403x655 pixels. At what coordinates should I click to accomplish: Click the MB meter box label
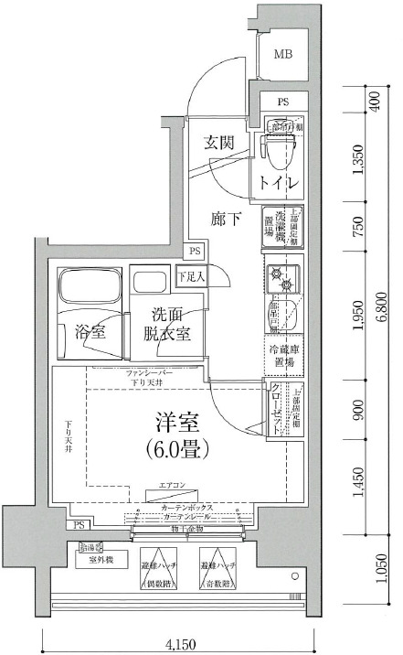(285, 53)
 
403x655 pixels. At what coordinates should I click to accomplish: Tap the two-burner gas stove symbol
(284, 278)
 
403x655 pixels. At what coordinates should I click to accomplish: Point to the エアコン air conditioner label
(171, 486)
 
